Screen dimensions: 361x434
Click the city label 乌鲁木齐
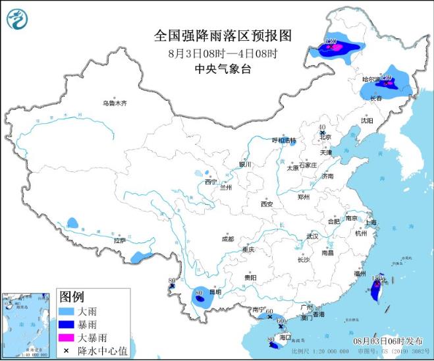[x=114, y=103]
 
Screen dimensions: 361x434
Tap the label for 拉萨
[x=119, y=241]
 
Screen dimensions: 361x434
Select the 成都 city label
[x=228, y=240]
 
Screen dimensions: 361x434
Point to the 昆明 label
[x=215, y=291]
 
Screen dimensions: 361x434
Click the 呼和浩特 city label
[x=285, y=140]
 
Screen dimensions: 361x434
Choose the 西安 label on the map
[x=266, y=204]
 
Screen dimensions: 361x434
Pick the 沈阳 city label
[x=366, y=121]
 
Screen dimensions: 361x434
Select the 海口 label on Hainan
[x=285, y=337]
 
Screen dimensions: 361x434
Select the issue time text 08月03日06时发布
[x=387, y=341]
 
